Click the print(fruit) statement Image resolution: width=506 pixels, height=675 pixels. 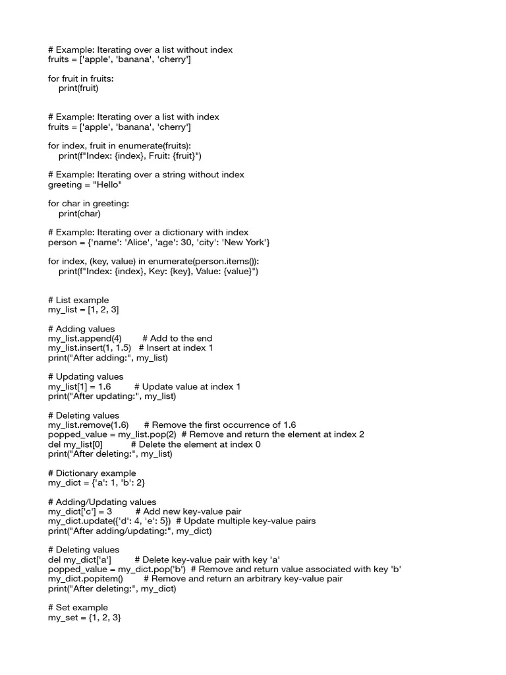[x=78, y=88]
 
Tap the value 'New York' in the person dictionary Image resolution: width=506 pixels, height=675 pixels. [x=248, y=243]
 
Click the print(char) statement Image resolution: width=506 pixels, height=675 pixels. [x=79, y=214]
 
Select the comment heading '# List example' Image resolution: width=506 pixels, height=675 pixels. [x=78, y=300]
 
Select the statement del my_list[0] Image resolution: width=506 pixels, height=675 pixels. [x=75, y=444]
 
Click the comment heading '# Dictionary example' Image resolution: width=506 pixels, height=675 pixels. [x=92, y=473]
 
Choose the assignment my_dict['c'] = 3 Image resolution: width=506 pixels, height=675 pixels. [x=80, y=512]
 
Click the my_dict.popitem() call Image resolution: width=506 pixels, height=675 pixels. [x=86, y=579]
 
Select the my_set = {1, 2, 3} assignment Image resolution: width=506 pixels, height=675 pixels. [x=84, y=618]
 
